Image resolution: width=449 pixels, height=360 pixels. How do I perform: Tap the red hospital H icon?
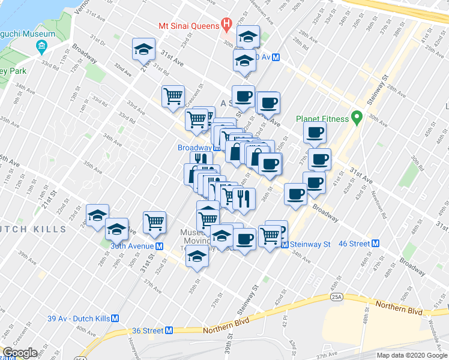point(226,25)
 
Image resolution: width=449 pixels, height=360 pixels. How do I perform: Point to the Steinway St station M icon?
point(285,245)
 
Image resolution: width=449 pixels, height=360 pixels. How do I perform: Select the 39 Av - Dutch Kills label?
point(79,319)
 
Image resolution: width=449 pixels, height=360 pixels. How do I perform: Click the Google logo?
point(20,353)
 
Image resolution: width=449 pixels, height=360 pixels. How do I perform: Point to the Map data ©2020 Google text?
point(411,355)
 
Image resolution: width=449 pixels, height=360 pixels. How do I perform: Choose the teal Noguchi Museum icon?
point(41,46)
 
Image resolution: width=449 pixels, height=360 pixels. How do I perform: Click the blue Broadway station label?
point(194,148)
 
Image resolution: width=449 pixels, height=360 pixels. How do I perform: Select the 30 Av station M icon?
point(276,57)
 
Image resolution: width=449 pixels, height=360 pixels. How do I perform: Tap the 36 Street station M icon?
point(169,331)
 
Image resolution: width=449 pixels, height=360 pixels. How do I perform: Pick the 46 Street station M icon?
point(375,244)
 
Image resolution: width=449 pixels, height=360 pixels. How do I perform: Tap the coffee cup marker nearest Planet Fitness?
point(315,132)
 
